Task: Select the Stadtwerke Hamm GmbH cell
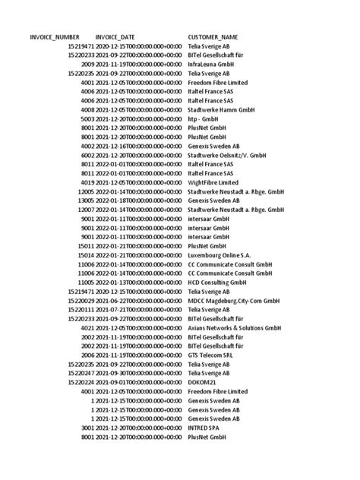pyautogui.click(x=222, y=109)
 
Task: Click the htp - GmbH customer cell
pyautogui.click(x=205, y=118)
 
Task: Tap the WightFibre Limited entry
pyautogui.click(x=213, y=183)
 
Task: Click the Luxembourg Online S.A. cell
pyautogui.click(x=219, y=255)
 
